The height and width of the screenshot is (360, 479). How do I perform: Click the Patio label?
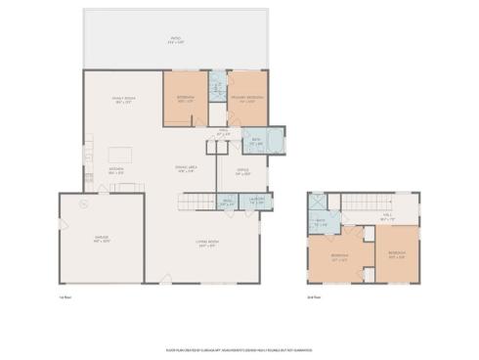click(174, 40)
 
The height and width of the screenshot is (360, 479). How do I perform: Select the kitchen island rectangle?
click(120, 154)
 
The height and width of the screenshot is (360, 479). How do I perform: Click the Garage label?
click(101, 238)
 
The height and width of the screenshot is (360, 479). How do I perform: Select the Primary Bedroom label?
click(246, 99)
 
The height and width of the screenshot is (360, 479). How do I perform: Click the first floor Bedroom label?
click(185, 99)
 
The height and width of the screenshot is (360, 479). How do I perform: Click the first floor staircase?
click(194, 202)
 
